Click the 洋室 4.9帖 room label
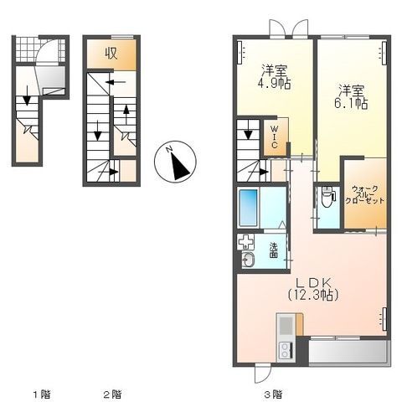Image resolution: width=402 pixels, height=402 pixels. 275,77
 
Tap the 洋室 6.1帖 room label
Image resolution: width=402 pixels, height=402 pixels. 351,97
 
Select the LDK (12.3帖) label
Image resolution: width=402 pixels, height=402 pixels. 313,289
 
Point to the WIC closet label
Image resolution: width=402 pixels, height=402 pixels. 275,137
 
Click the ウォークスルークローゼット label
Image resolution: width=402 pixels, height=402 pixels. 365,194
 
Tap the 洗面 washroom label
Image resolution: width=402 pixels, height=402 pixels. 274,250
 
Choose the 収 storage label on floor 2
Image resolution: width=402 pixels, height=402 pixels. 111,54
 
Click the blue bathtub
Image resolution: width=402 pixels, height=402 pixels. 248,208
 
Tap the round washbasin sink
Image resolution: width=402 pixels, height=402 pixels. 248,260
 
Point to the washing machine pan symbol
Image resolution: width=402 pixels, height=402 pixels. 245,242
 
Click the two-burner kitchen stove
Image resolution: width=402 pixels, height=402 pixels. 286,350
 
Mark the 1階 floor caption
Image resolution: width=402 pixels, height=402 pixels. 42,394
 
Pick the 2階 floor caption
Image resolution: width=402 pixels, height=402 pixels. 113,394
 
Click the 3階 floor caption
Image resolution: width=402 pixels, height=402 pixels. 273,394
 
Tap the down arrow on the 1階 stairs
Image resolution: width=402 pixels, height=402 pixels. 27,95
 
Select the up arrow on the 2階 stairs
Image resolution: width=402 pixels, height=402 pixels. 126,114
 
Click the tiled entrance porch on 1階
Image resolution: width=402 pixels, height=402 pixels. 41,50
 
